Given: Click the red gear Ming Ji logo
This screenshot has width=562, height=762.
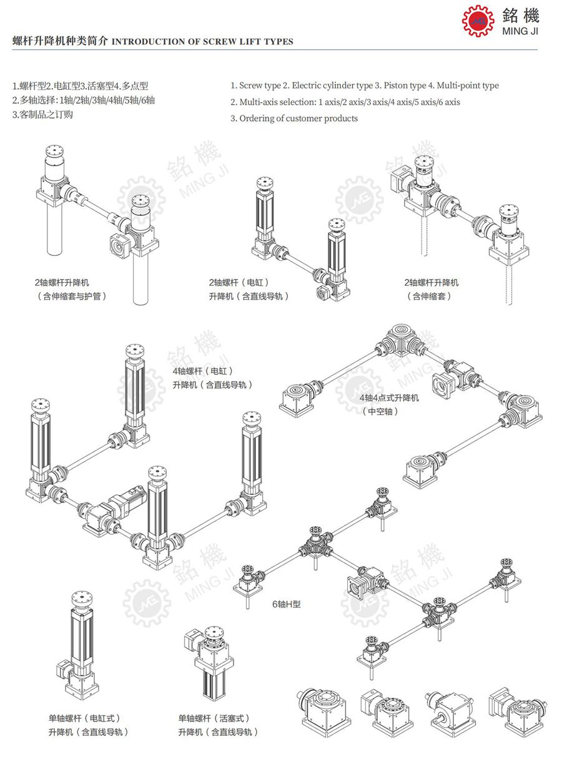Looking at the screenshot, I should click(478, 21).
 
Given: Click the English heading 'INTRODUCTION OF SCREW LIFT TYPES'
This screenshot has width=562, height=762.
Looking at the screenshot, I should click(202, 42).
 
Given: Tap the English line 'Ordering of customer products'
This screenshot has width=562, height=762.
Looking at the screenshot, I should click(298, 118).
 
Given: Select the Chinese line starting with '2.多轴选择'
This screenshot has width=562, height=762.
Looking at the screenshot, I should click(84, 100).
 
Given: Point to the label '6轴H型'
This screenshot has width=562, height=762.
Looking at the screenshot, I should click(286, 604).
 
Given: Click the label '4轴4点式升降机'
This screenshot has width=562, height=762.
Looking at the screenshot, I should click(389, 398).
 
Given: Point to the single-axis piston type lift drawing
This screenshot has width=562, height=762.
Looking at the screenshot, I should click(209, 662).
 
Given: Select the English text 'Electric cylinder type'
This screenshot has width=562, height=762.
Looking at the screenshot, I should click(330, 85).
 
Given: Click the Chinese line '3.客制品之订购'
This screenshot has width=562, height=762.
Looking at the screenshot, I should click(42, 114).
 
